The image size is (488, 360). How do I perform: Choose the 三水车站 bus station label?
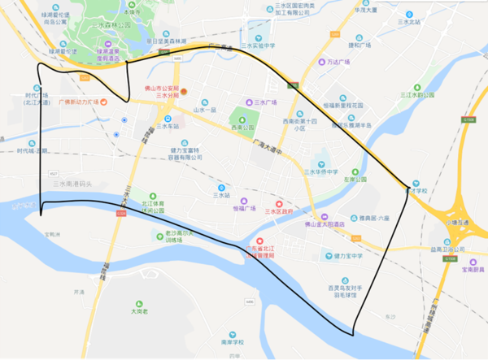pyautogui.click(x=168, y=126)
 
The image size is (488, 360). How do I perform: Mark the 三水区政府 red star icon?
pyautogui.click(x=279, y=204)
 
